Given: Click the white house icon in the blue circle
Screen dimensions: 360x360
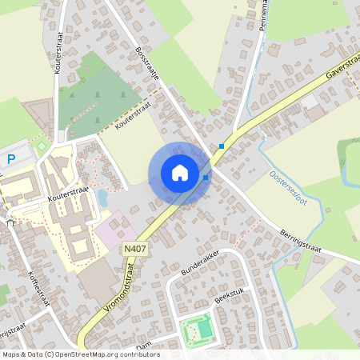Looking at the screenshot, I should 180,173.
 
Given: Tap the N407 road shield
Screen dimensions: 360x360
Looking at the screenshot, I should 134,250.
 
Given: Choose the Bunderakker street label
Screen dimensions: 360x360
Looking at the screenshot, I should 199,266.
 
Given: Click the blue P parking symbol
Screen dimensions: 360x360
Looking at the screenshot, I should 11,160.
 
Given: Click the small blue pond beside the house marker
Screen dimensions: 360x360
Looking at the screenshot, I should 102,197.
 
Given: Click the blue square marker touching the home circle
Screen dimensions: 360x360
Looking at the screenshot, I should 206,178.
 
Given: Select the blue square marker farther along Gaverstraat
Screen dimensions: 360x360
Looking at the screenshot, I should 222,146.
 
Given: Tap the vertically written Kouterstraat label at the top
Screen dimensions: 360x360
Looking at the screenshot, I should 59,54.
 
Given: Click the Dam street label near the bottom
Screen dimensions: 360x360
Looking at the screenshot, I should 143,346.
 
